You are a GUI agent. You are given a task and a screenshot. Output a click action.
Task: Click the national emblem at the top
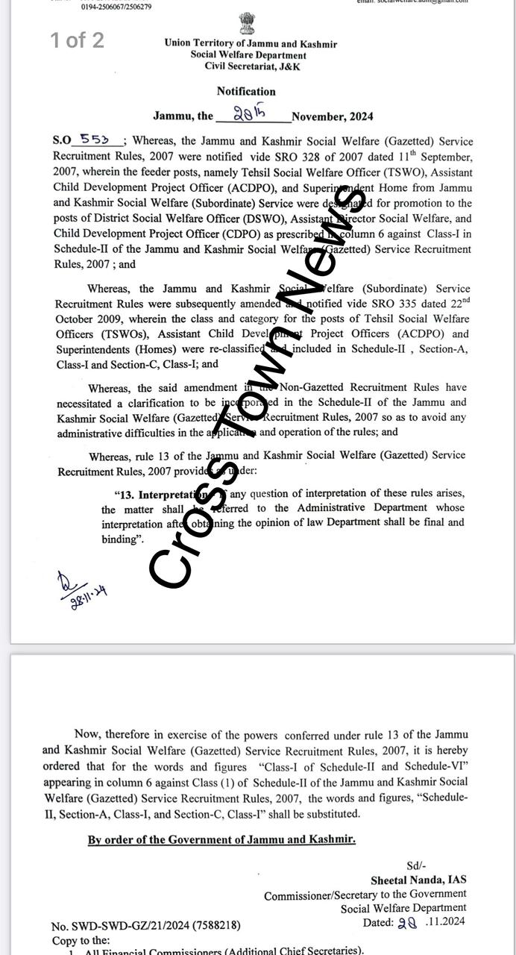(247, 23)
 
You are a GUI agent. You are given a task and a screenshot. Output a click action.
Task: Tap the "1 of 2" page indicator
(77, 40)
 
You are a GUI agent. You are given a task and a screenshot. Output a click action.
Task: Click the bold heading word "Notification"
(246, 92)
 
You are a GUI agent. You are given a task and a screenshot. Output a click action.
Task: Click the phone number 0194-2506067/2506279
(116, 7)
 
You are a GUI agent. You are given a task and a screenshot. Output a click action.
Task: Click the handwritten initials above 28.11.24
(66, 580)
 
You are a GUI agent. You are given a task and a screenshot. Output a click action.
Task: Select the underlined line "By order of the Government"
(221, 839)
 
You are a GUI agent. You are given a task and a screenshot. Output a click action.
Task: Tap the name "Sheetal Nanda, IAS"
(418, 880)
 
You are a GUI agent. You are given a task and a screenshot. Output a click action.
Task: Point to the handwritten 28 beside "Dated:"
(406, 922)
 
